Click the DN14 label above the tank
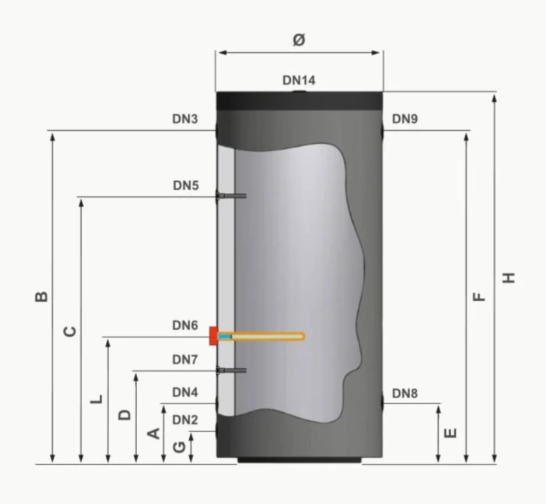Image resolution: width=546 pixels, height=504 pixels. coord(299,80)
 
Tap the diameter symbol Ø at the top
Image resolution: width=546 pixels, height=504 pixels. coord(299,39)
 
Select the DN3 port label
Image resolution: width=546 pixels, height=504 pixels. coord(185,119)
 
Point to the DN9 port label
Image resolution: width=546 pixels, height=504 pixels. coord(405,119)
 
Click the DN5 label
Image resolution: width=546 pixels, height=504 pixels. coord(186,186)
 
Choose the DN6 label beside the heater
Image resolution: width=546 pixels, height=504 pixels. coord(185,325)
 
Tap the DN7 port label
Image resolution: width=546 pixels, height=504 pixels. coord(185,360)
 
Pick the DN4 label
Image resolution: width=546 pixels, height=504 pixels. coord(185,392)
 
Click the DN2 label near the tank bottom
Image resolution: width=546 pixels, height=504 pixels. coord(185,420)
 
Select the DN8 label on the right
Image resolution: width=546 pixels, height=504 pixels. coord(405,394)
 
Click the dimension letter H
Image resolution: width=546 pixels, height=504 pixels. coord(509,278)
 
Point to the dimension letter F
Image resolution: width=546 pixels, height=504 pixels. coord(479,297)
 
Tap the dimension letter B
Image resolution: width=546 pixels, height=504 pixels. coord(42,297)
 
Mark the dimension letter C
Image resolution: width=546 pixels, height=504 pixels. coord(70,332)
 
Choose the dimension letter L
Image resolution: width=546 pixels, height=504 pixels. coord(97,399)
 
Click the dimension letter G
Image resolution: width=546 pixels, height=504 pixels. coord(179,447)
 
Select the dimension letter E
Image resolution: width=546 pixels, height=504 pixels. coord(450,433)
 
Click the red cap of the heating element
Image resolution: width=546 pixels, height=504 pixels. coord(213,336)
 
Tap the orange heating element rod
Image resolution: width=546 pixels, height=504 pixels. coord(261,336)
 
